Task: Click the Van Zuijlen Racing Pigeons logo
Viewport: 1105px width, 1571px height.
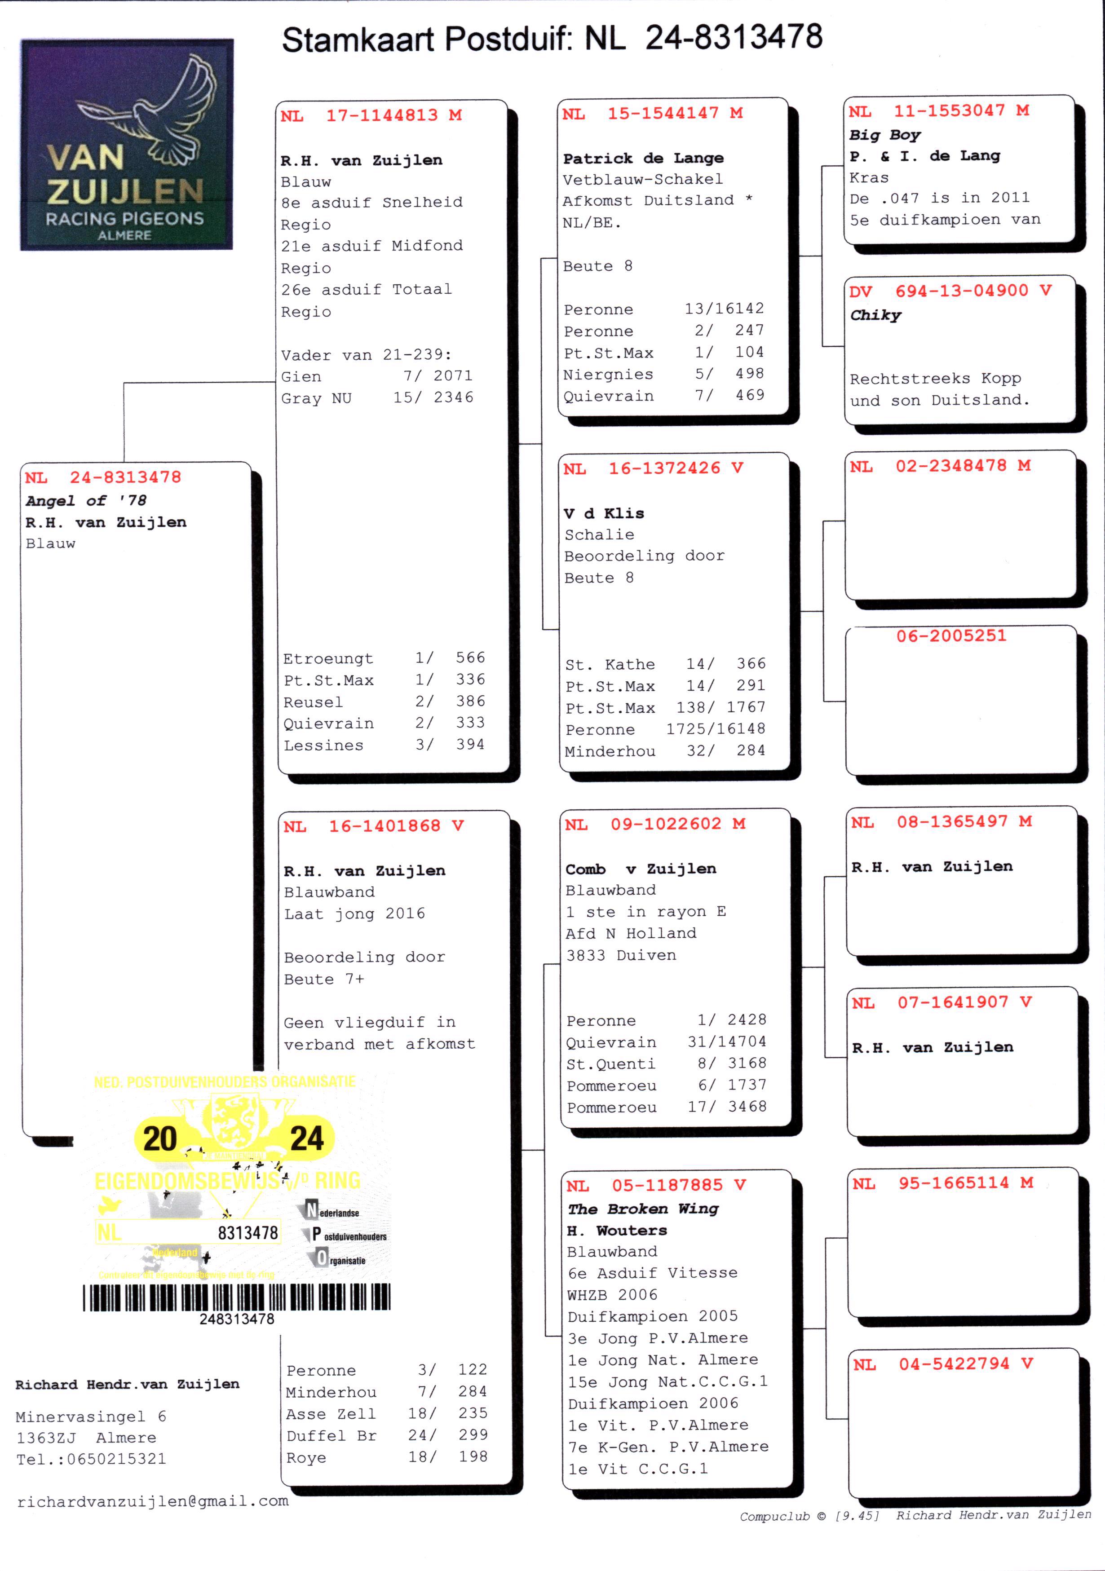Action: coord(127,144)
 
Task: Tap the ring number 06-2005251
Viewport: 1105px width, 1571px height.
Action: coord(951,635)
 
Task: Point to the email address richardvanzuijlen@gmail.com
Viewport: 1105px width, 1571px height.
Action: coord(153,1501)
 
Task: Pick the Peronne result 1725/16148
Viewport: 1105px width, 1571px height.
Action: coord(665,729)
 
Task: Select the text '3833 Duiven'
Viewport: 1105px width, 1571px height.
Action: coord(621,955)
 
